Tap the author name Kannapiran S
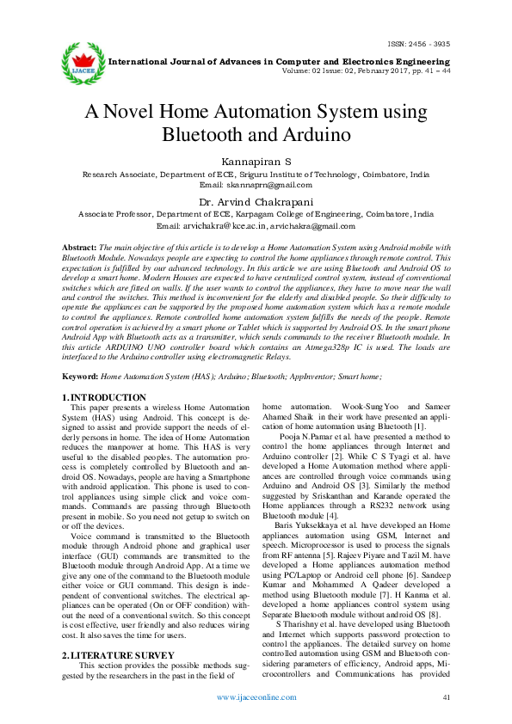point(256,161)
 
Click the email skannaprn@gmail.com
point(256,185)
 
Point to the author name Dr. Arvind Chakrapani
point(256,202)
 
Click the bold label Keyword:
point(81,377)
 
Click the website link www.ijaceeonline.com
point(256,697)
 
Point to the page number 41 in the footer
point(446,697)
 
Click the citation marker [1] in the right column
point(419,426)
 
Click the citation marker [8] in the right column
point(436,614)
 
